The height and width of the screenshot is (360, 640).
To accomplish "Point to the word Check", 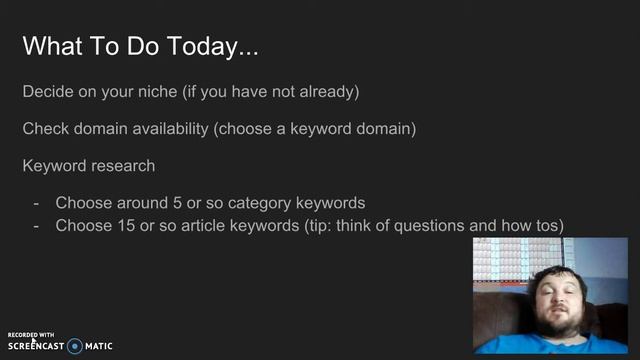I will coord(45,129).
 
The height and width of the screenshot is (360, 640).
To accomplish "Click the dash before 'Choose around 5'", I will coord(36,202).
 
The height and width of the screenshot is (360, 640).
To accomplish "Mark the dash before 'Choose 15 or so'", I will coord(36,226).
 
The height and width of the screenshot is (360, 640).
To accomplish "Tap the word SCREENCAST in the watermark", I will coord(36,346).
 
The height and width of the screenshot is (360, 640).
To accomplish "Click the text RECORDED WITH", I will coord(30,335).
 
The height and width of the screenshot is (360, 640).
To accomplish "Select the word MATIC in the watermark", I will coord(99,346).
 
